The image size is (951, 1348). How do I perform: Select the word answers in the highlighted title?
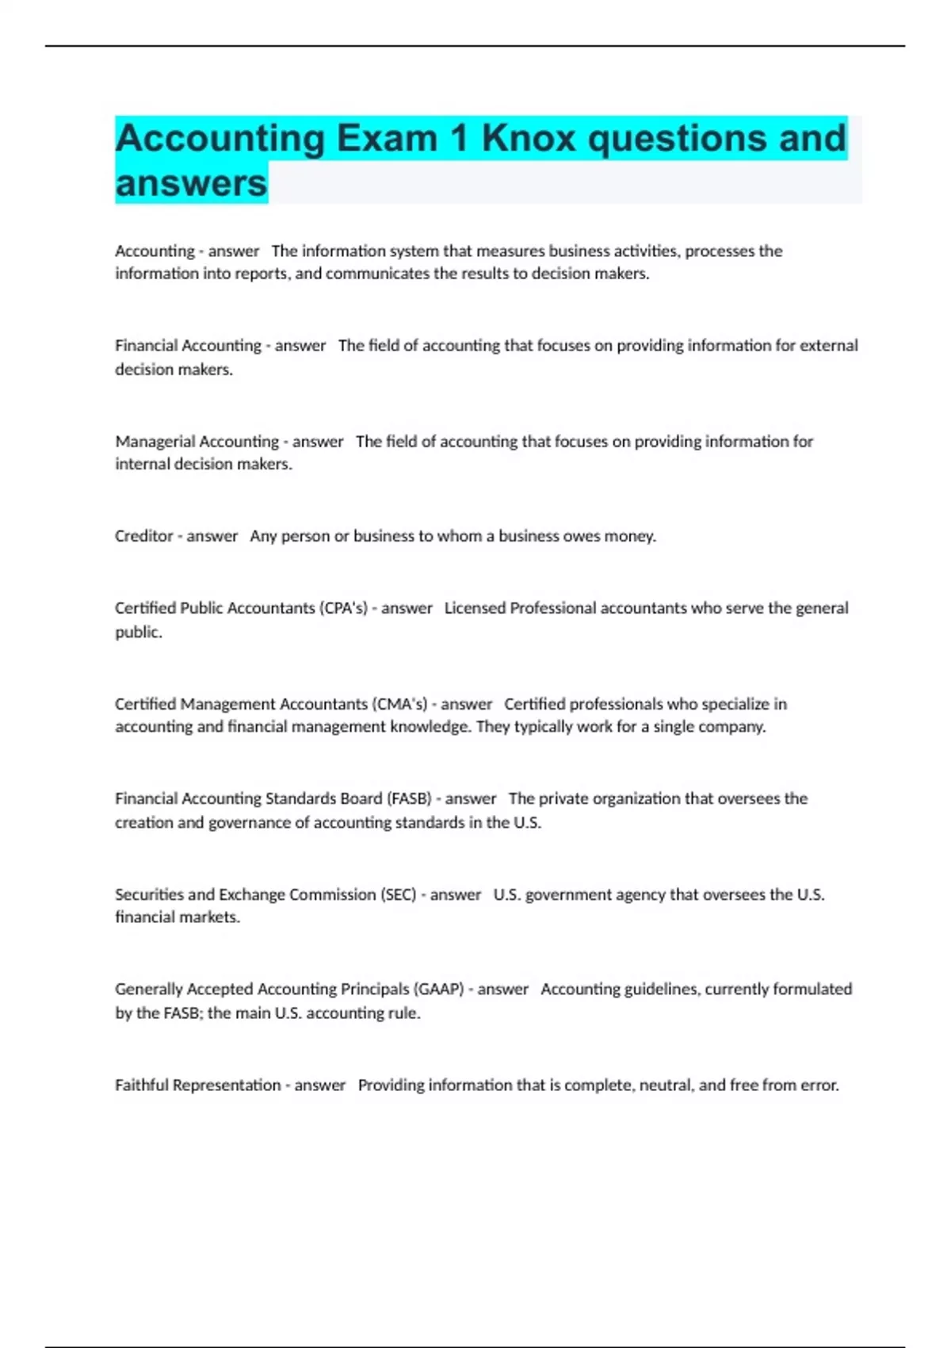pos(191,183)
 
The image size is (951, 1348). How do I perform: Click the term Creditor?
pos(143,536)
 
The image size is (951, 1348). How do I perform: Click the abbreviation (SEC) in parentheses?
pos(399,894)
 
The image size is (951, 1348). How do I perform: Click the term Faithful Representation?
pos(197,1085)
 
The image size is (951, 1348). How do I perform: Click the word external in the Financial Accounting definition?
pos(828,346)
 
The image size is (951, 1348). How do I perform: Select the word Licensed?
pos(474,608)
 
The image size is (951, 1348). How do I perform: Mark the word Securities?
pos(149,894)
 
